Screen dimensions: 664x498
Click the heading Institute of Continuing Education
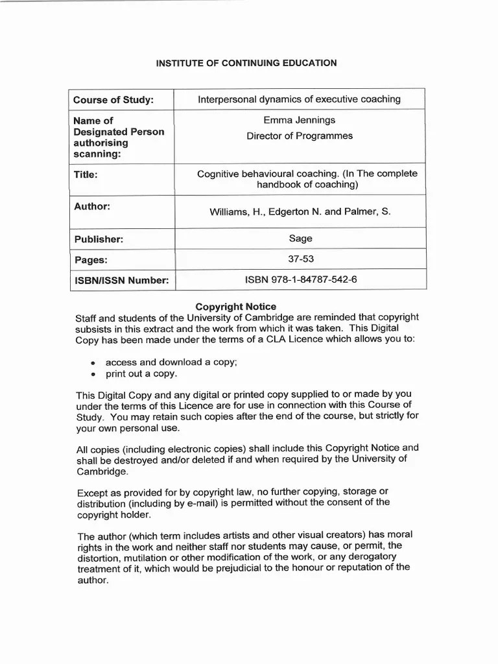246,63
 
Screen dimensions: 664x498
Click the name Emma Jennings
299,120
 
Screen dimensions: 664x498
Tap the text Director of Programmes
299,136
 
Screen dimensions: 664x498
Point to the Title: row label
86,174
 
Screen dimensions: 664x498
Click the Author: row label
91,206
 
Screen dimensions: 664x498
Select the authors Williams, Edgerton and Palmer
300,211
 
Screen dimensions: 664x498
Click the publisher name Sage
300,239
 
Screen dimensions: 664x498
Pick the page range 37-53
300,259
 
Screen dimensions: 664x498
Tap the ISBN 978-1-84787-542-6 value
300,279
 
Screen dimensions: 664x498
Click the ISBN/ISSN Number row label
121,280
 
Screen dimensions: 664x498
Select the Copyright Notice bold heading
236,306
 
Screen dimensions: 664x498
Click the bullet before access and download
94,364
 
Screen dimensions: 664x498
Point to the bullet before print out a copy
94,375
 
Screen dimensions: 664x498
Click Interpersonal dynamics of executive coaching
299,99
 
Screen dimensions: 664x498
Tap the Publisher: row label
98,239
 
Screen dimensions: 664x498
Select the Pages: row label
90,260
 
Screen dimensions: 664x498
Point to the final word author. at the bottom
93,580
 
